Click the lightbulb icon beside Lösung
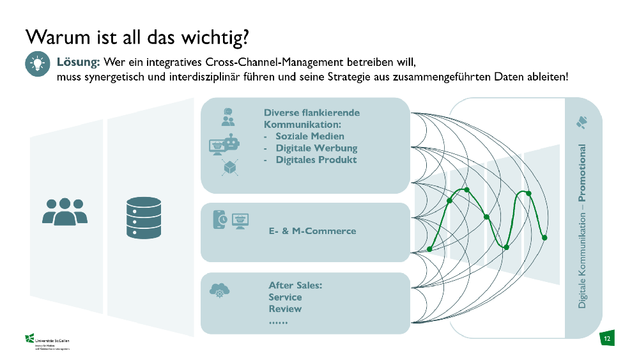click(36, 64)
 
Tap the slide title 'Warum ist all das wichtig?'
click(137, 36)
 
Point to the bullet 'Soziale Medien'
click(310, 136)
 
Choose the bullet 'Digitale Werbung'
click(316, 148)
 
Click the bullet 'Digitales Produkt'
click(316, 160)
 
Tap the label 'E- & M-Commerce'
click(312, 231)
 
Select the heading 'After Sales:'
click(295, 285)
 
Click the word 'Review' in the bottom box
click(285, 309)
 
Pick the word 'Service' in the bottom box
click(285, 297)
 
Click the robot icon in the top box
click(231, 143)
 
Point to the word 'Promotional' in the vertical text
click(582, 173)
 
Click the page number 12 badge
click(606, 338)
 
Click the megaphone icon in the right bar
click(582, 121)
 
